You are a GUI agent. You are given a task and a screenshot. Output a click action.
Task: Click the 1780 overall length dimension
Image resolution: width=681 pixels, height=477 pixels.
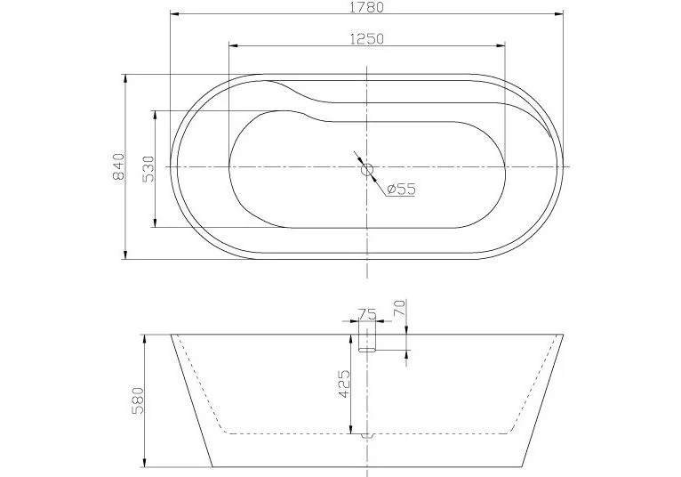click(x=367, y=7)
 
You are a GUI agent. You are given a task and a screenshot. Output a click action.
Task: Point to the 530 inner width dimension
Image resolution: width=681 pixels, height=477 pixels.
click(x=148, y=167)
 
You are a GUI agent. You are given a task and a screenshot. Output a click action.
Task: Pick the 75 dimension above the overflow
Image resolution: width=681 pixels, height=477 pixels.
click(x=366, y=313)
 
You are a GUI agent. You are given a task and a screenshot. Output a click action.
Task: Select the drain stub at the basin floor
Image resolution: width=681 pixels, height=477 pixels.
click(x=367, y=435)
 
